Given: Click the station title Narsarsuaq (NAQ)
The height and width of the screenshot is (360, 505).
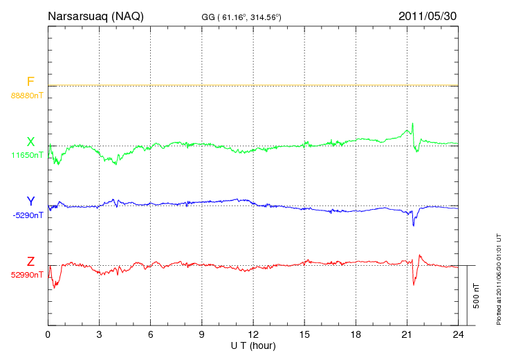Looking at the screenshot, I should [95, 16].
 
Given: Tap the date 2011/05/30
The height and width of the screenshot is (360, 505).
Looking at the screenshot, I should [428, 16].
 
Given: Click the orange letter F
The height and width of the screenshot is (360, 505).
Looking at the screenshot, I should [30, 82].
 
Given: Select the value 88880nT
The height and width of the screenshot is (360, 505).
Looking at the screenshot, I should [26, 96].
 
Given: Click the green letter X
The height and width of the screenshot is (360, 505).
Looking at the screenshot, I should [30, 142].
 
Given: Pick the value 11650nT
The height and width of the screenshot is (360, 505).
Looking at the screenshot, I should [26, 155].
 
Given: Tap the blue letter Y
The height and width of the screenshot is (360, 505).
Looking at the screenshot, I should [30, 201].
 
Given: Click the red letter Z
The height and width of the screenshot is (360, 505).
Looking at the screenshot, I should [30, 261].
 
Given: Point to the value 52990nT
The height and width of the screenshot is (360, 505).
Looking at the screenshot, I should [26, 275].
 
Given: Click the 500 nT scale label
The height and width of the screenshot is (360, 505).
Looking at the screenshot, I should [476, 295].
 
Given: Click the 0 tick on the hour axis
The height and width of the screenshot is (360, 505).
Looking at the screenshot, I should [48, 334].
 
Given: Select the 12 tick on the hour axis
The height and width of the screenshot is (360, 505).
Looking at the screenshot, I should [253, 334].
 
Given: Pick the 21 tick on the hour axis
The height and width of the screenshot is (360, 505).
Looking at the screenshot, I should [407, 334].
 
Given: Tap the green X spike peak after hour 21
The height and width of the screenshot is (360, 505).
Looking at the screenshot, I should [412, 123].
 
